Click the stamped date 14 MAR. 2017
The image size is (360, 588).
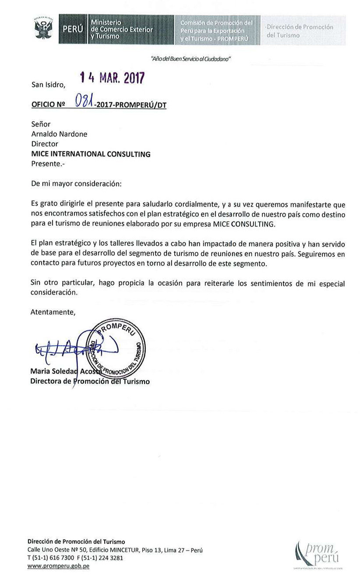click(x=112, y=78)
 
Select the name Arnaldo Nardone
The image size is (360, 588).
click(x=59, y=134)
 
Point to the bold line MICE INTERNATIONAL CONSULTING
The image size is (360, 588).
click(x=91, y=154)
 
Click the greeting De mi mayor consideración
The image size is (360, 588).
click(x=76, y=184)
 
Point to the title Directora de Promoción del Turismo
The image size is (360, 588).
click(x=90, y=381)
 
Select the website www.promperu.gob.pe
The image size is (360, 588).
click(x=58, y=566)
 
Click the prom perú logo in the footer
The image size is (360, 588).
click(x=318, y=554)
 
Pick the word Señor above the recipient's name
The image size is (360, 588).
click(x=41, y=124)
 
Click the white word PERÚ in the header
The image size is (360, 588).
click(x=72, y=29)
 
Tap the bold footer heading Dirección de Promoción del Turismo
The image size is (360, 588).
click(x=76, y=542)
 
